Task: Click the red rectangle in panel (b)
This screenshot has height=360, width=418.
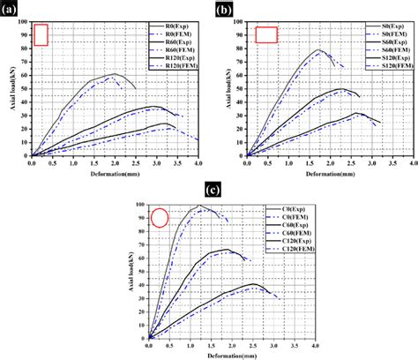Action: click(x=266, y=34)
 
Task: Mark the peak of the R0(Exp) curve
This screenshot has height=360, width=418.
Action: click(x=116, y=74)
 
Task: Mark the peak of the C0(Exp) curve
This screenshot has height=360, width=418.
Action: click(x=199, y=206)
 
